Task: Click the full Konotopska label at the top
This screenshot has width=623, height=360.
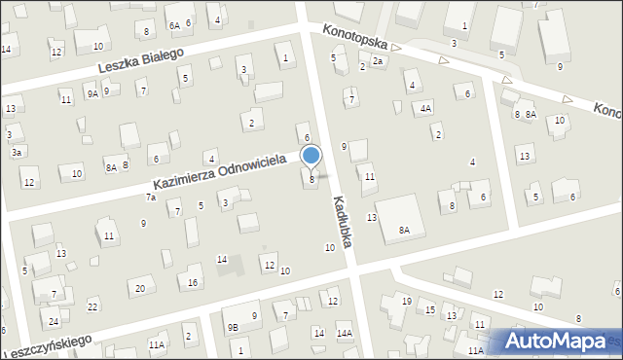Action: pyautogui.click(x=356, y=38)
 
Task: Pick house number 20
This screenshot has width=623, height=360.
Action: pyautogui.click(x=140, y=288)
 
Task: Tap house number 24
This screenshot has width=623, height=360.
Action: pyautogui.click(x=54, y=321)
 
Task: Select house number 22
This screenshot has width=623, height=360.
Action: pyautogui.click(x=92, y=306)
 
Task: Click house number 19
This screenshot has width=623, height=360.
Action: pyautogui.click(x=407, y=302)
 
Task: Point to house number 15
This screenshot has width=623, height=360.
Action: pyautogui.click(x=429, y=309)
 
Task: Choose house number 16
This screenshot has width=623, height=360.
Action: pyautogui.click(x=194, y=282)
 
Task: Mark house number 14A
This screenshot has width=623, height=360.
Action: pyautogui.click(x=345, y=334)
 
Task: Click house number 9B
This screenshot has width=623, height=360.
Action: pyautogui.click(x=233, y=328)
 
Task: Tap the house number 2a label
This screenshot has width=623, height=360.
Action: pyautogui.click(x=379, y=61)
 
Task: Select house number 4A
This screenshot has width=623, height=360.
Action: pyautogui.click(x=425, y=109)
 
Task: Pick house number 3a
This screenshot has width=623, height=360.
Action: pyautogui.click(x=16, y=152)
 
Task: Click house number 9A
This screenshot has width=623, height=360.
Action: pyautogui.click(x=92, y=93)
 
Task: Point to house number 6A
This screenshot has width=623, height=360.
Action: pyautogui.click(x=174, y=25)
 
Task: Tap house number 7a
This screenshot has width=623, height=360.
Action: pyautogui.click(x=151, y=198)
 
